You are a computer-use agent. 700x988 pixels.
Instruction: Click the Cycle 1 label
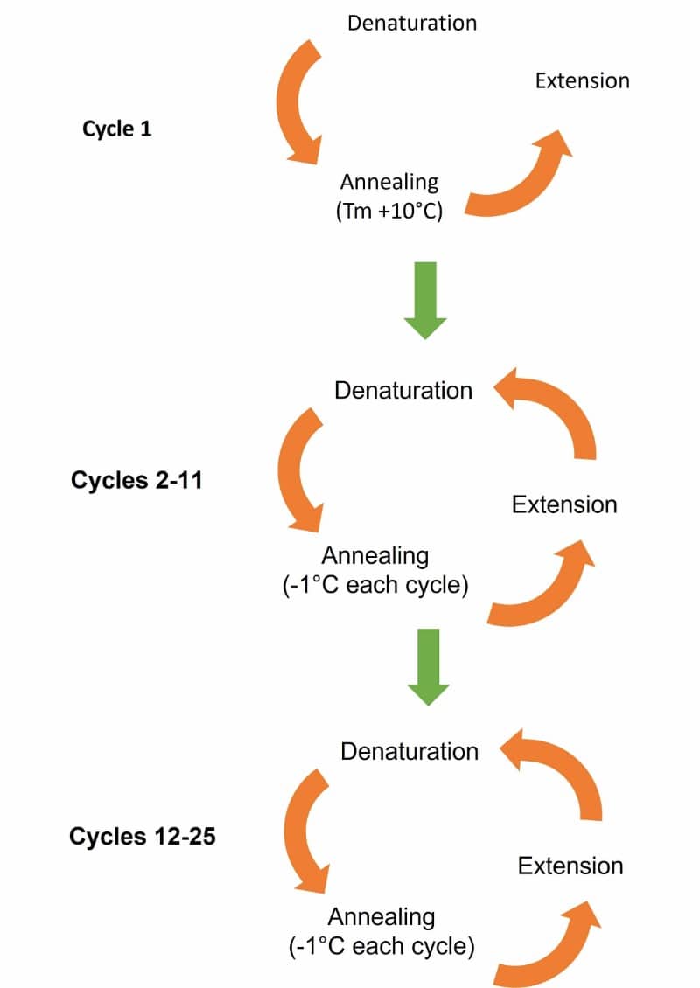(x=116, y=129)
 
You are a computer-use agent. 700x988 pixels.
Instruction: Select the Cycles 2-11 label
(x=136, y=480)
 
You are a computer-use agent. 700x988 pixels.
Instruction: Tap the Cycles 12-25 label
(x=143, y=837)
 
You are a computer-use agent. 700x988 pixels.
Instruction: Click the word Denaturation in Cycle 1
(x=411, y=23)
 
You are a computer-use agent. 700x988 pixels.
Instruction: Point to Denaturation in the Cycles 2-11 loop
(x=402, y=390)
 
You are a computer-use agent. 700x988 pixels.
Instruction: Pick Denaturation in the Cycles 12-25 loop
(x=409, y=751)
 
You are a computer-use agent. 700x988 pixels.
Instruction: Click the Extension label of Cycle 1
(x=582, y=80)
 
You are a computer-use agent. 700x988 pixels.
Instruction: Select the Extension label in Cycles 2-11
(x=564, y=504)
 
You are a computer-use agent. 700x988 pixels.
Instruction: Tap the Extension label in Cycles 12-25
(x=570, y=866)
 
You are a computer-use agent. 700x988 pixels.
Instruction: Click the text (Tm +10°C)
(x=388, y=211)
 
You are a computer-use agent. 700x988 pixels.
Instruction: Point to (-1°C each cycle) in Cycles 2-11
(x=375, y=584)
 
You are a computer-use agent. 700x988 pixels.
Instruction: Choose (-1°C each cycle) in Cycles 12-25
(x=381, y=946)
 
